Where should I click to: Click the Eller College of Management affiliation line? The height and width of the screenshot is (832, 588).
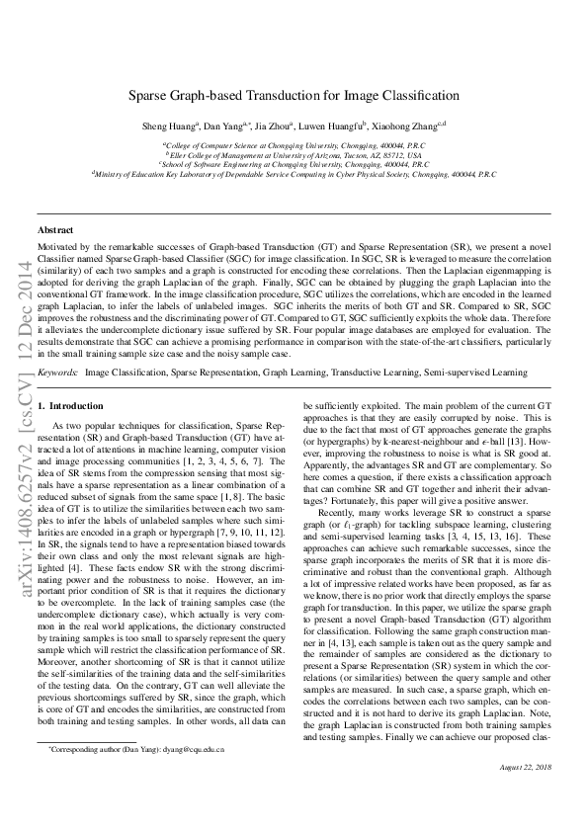[294, 155]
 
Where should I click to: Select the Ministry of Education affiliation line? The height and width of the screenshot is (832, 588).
[294, 173]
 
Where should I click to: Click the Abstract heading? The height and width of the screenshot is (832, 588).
[55, 227]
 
